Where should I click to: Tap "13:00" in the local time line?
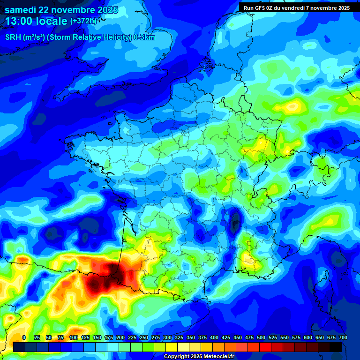19,21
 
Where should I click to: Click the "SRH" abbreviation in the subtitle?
14,37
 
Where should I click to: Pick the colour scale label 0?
24,337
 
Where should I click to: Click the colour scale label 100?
74,337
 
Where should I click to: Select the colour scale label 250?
144,337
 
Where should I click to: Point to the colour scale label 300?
167,337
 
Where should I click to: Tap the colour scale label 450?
238,337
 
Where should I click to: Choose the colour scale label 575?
296,337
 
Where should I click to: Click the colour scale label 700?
343,337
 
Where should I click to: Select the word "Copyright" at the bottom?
177,357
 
